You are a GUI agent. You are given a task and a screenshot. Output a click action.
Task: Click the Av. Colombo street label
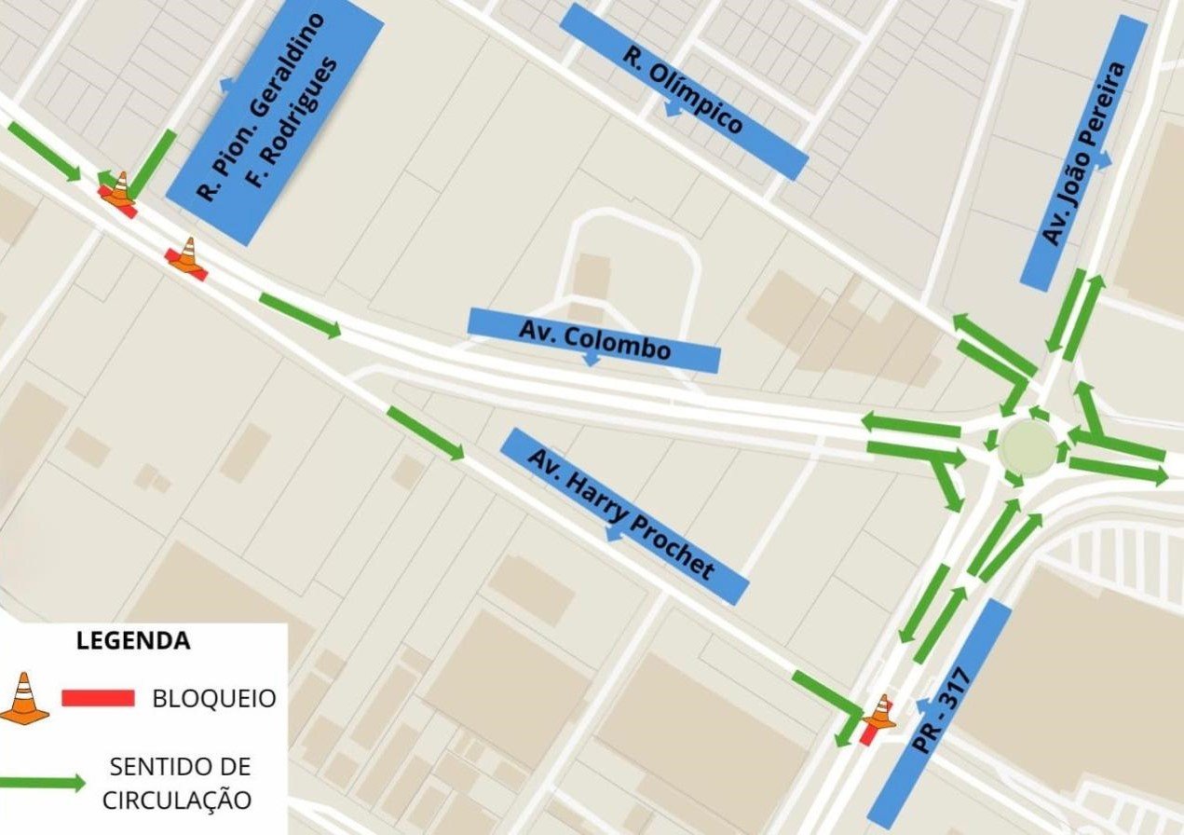click(593, 339)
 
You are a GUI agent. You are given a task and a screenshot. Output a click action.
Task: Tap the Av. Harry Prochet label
click(624, 515)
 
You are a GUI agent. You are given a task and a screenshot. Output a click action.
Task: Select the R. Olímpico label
click(683, 90)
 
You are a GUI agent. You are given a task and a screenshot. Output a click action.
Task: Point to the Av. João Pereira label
click(1083, 154)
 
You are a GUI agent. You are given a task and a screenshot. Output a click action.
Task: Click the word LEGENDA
click(133, 641)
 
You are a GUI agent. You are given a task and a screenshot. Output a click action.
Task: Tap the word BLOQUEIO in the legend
click(214, 698)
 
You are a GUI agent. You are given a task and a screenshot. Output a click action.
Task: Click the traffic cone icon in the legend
click(24, 698)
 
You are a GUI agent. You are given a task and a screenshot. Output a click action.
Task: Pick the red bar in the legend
click(98, 698)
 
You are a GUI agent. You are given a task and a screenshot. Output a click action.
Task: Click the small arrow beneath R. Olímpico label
click(671, 110)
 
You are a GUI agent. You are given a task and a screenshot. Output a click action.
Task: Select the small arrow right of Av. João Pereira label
click(1105, 161)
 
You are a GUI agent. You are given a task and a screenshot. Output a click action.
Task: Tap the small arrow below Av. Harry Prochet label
click(613, 535)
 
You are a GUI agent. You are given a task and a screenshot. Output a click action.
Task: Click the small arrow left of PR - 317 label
click(922, 705)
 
